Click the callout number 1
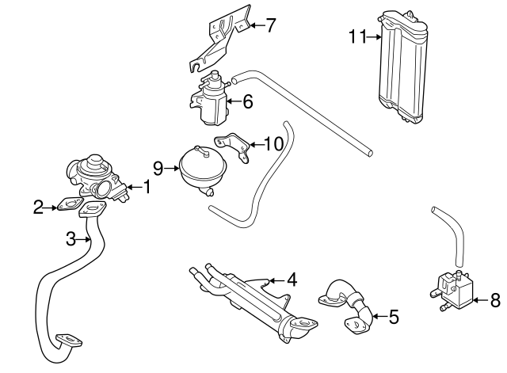(146, 187)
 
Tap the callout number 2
(38, 207)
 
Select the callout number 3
(71, 238)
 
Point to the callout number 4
(292, 279)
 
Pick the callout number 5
(394, 317)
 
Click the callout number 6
(247, 101)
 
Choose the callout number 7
(271, 25)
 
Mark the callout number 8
(495, 299)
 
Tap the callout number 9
(158, 167)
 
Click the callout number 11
(356, 36)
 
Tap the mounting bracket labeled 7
(222, 36)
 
